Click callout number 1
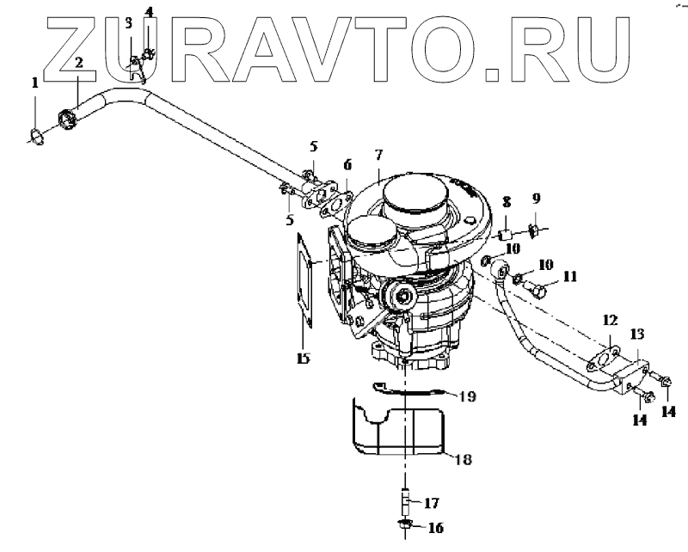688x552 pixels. click(35, 83)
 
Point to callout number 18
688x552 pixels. click(462, 460)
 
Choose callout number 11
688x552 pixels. click(569, 277)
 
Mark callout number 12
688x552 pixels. click(610, 320)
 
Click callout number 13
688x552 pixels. click(637, 333)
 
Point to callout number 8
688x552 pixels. click(507, 202)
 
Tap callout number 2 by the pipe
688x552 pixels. click(78, 63)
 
